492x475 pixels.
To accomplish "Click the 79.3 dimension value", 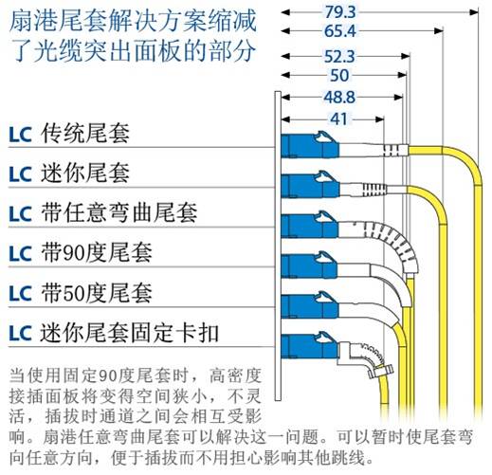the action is pos(340,12).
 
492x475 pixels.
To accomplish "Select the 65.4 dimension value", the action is pos(340,31).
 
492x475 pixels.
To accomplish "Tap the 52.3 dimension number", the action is pos(340,57).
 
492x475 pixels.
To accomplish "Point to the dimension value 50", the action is pos(339,75).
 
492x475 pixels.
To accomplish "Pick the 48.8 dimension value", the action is pos(339,97).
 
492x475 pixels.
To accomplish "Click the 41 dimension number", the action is pos(339,119).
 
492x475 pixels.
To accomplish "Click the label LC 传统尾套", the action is pos(69,134).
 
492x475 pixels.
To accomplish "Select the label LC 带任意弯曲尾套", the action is pos(103,212).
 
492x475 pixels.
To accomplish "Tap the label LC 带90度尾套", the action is pos(81,253).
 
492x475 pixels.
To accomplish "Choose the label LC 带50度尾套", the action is pos(81,293).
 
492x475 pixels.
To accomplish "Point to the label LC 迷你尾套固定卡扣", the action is pos(114,333).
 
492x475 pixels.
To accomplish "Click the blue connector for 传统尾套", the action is pos(310,145).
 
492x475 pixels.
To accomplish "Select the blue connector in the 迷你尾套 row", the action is pos(310,185).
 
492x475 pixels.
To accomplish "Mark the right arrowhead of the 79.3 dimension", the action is pos(474,12).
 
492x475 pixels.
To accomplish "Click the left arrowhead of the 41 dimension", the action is pos(285,119).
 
